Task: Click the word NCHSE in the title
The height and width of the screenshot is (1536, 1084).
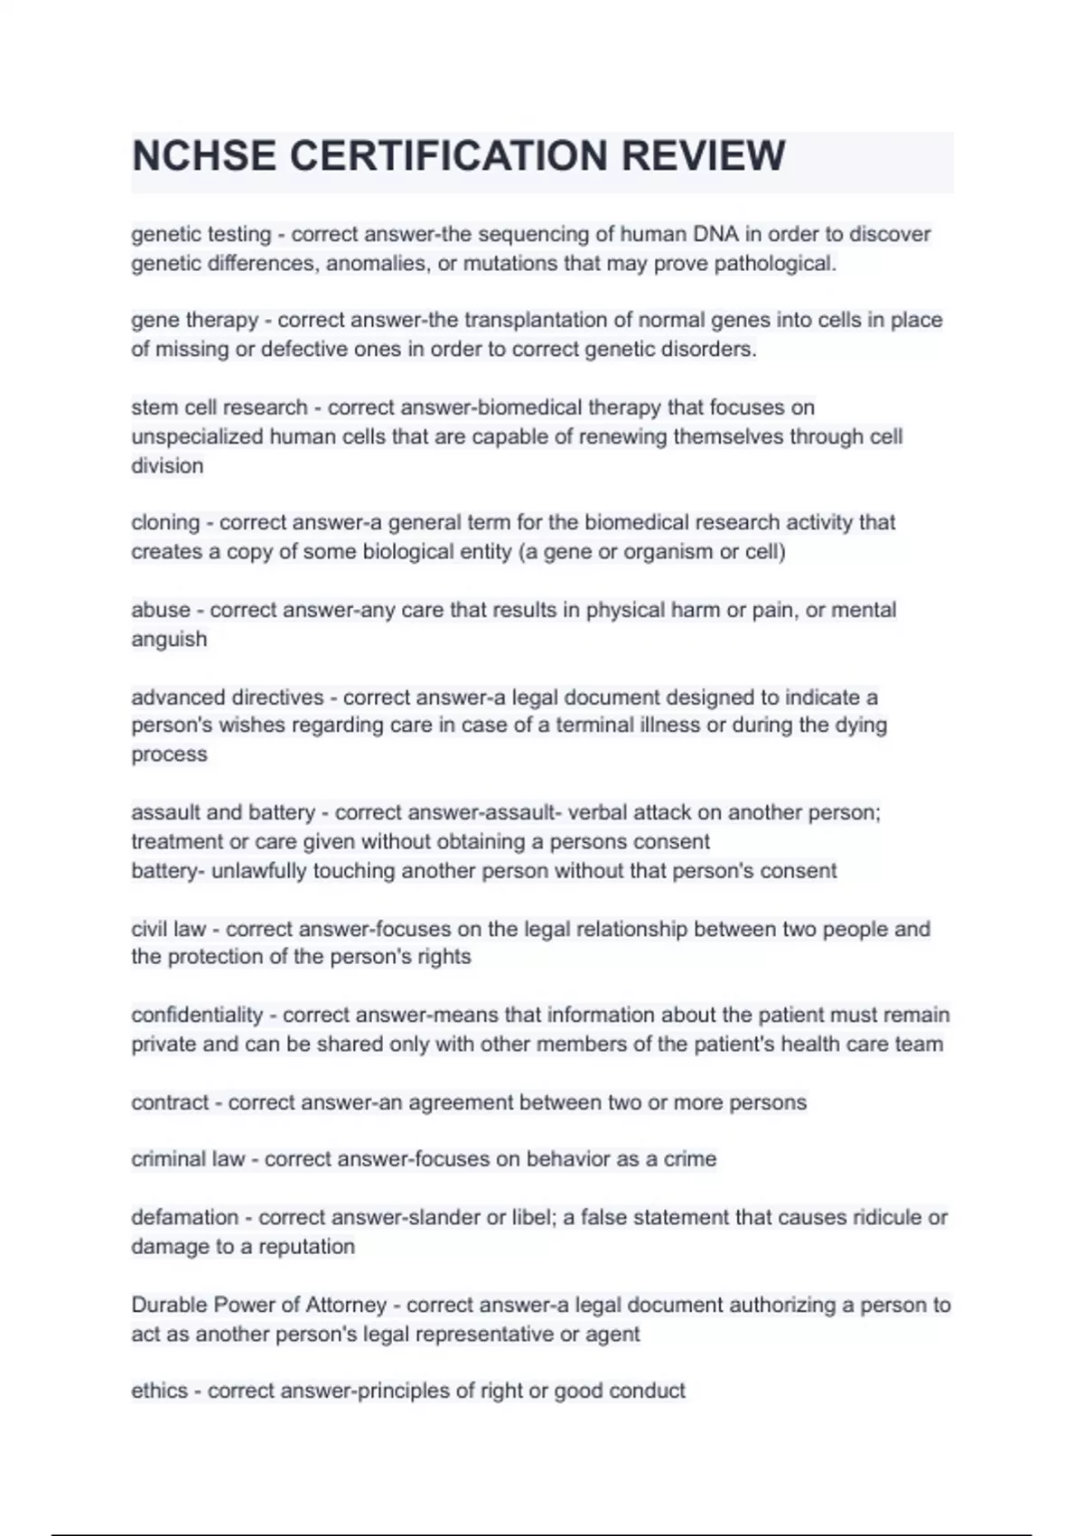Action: click(x=203, y=155)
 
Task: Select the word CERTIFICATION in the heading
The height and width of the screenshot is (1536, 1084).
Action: click(x=448, y=155)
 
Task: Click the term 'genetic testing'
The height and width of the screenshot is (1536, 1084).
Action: click(x=201, y=235)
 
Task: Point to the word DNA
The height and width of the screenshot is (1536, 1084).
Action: click(x=715, y=235)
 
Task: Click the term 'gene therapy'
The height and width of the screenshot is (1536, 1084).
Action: click(x=194, y=321)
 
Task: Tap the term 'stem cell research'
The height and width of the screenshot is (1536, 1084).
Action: click(x=219, y=407)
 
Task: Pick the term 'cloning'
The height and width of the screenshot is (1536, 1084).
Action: click(x=165, y=523)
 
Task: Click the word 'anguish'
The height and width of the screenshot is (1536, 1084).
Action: click(x=169, y=640)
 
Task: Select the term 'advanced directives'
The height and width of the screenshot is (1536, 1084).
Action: click(x=227, y=698)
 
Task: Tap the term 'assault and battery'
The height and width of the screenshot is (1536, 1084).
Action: click(x=223, y=813)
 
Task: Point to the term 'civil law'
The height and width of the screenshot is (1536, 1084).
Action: click(x=168, y=929)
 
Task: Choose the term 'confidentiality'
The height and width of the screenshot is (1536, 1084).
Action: click(x=197, y=1016)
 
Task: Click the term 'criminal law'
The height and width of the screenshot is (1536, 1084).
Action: click(x=188, y=1159)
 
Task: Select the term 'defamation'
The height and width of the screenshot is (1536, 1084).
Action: click(x=184, y=1218)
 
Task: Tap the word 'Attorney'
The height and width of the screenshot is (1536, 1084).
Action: click(x=346, y=1306)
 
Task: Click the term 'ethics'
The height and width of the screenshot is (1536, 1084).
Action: click(x=160, y=1391)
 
